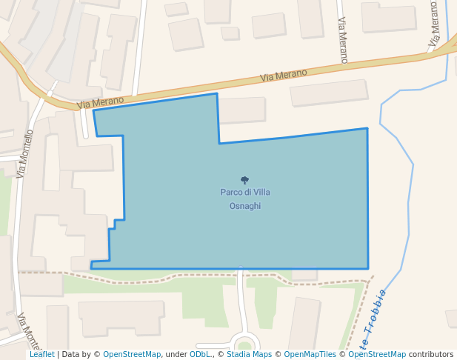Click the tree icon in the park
(244, 180)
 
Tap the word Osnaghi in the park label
(244, 206)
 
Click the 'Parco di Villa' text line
(244, 193)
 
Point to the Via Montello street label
(25, 154)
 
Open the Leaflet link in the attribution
(41, 355)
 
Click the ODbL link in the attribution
(200, 355)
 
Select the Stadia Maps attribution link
(249, 355)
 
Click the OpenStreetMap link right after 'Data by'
(132, 355)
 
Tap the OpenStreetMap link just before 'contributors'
(377, 355)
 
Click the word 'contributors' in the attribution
(431, 355)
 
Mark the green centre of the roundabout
(244, 344)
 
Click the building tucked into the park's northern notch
(241, 110)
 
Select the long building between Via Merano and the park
(328, 93)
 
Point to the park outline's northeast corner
(367, 129)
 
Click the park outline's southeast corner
(368, 268)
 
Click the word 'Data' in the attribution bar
(71, 355)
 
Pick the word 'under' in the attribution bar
(176, 355)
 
